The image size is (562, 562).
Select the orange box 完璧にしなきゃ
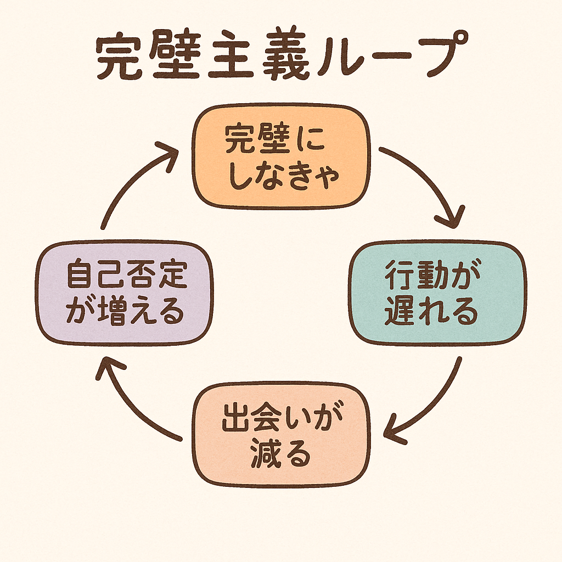click(x=281, y=158)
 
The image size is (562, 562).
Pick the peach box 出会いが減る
click(x=281, y=435)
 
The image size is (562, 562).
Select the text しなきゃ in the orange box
click(x=281, y=177)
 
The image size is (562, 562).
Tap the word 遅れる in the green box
click(x=431, y=312)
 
